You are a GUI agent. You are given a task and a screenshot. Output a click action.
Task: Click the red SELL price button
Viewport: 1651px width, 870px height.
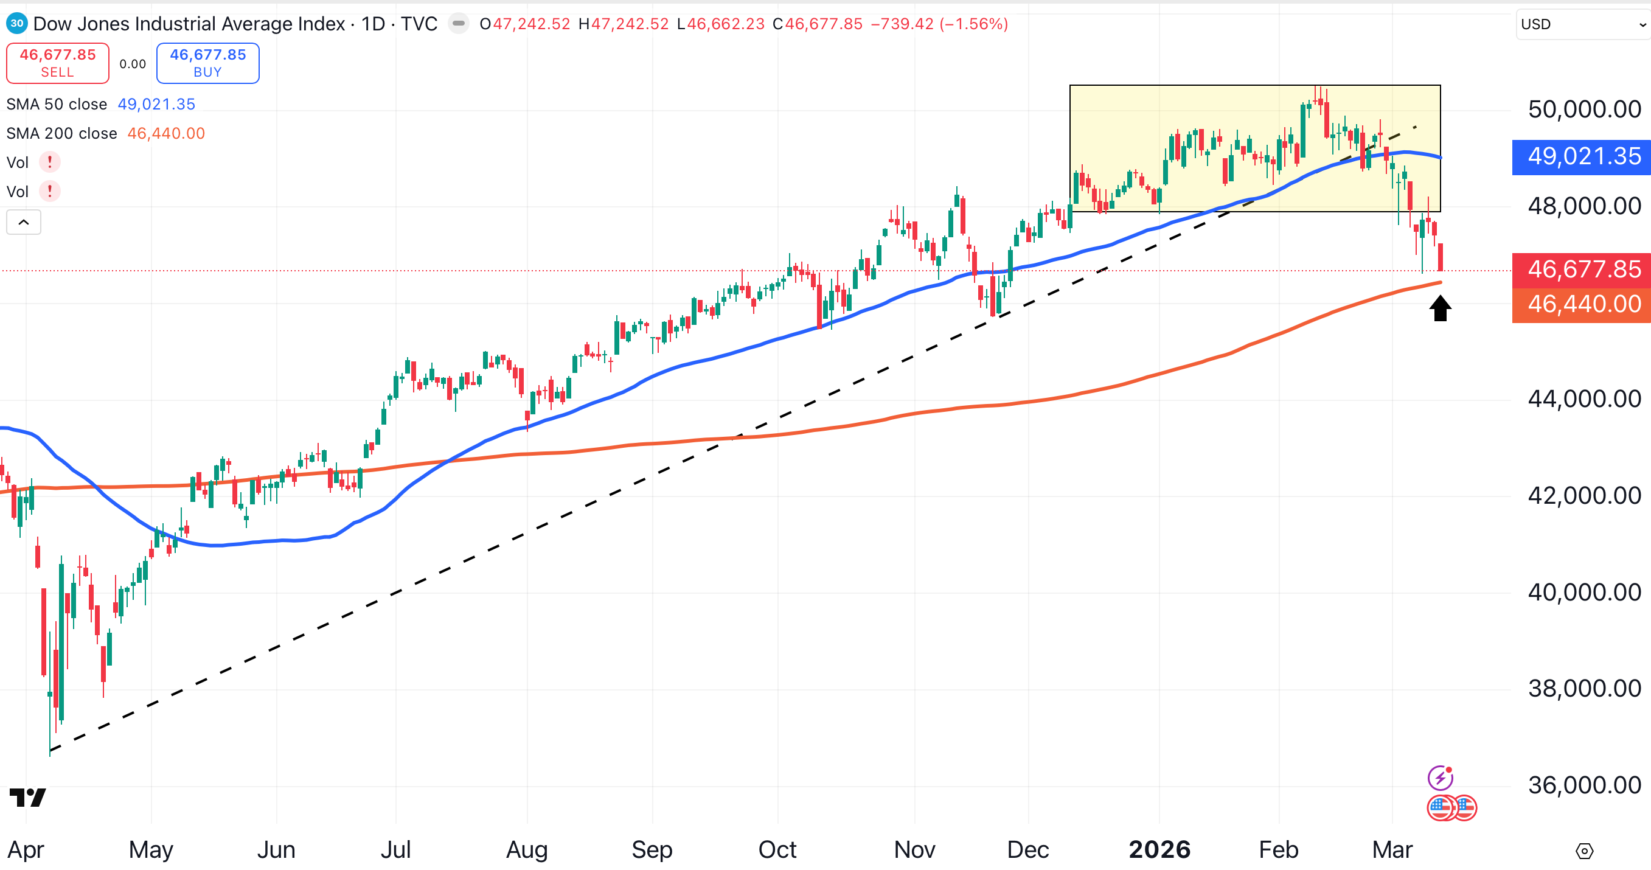[58, 63]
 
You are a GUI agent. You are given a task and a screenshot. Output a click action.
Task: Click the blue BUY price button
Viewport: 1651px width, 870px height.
[207, 63]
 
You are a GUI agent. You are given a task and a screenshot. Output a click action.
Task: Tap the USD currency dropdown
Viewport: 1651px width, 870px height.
[1582, 24]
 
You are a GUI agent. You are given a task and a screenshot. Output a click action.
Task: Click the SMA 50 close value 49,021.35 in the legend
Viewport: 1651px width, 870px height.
[156, 105]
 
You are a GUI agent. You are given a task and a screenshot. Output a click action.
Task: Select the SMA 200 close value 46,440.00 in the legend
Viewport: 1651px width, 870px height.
[166, 133]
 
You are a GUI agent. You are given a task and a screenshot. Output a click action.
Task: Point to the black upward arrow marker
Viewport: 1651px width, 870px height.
[1440, 308]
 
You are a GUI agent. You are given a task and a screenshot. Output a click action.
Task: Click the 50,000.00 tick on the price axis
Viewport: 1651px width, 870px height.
[1583, 110]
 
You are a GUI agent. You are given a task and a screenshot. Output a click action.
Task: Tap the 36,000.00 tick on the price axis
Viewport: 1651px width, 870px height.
[1583, 785]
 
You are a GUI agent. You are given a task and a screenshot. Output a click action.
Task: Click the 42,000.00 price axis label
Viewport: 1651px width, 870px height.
[1583, 496]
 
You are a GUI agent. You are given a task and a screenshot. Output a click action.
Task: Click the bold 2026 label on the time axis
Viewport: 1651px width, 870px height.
[1159, 849]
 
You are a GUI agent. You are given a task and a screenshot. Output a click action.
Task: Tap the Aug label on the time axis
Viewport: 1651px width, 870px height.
[527, 849]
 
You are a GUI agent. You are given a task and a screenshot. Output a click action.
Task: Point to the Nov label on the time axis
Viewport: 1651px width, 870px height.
[914, 849]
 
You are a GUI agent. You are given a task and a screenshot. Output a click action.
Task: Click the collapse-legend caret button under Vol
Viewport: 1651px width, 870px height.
[24, 223]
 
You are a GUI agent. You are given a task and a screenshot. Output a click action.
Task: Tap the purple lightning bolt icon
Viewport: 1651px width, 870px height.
[1440, 778]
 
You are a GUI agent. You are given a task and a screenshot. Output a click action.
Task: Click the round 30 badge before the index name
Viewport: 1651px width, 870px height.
[16, 24]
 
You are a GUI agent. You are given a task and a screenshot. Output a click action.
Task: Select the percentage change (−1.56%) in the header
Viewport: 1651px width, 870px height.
[973, 24]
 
